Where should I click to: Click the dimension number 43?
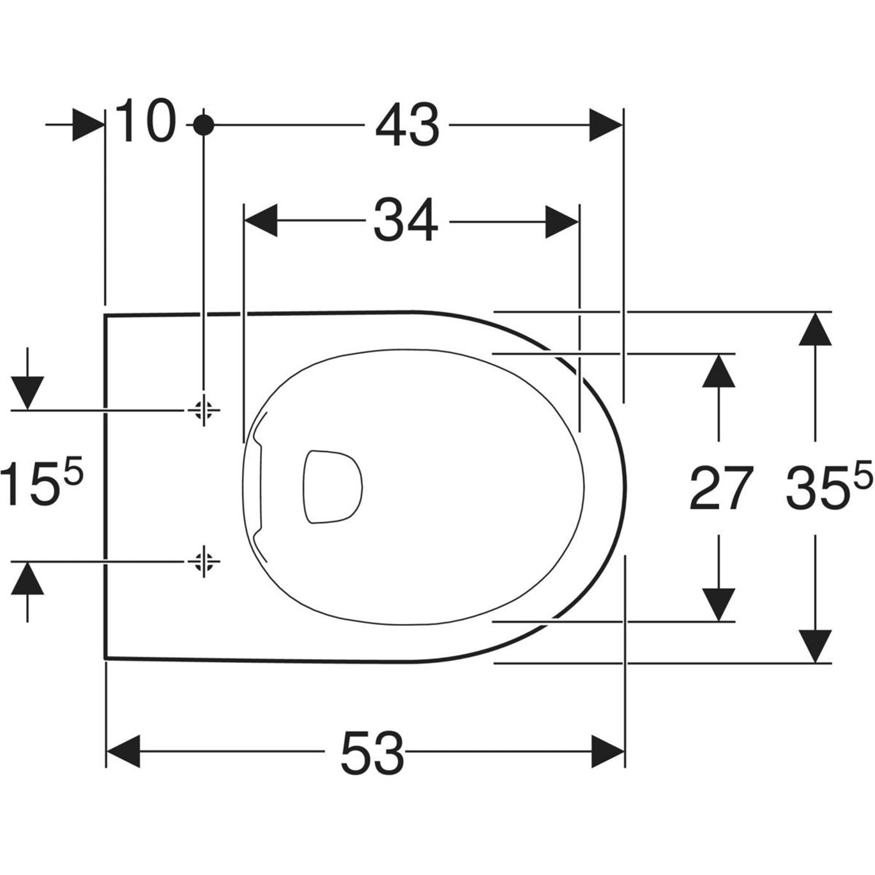[407, 125]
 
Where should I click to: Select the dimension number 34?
[406, 220]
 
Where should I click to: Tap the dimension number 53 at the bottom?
[372, 752]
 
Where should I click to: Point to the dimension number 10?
[145, 121]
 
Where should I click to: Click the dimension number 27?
[721, 489]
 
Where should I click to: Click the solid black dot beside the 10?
[204, 125]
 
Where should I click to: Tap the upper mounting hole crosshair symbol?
[204, 409]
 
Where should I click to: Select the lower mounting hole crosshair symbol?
[204, 561]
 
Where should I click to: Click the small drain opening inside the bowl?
[331, 487]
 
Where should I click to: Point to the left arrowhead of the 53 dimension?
[123, 752]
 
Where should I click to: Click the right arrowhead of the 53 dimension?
[607, 752]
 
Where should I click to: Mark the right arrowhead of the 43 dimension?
[604, 125]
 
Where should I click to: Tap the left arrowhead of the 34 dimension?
[261, 221]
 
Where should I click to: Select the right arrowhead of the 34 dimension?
[561, 221]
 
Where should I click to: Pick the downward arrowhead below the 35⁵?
[815, 645]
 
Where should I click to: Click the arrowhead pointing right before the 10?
[88, 125]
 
